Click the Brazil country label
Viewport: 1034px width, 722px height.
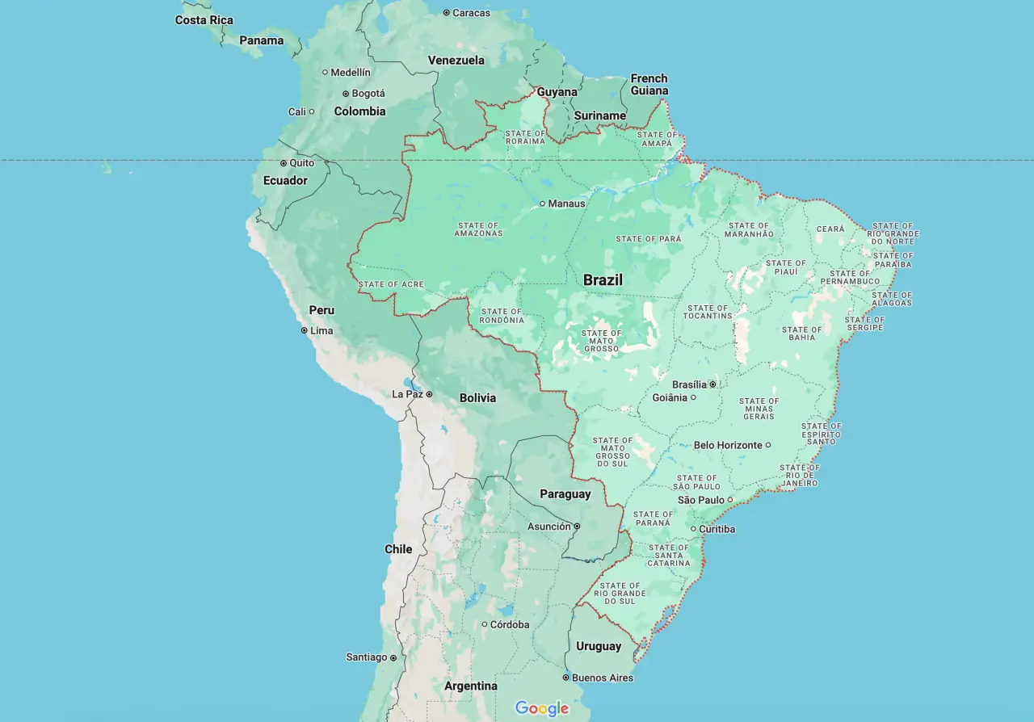point(603,280)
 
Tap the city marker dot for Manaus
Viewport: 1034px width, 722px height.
point(542,204)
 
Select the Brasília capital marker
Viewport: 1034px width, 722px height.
point(712,384)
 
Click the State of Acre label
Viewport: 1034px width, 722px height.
point(390,284)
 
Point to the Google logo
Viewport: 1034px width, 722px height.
point(542,708)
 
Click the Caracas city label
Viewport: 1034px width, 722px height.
point(470,13)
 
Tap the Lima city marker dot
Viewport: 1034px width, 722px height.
point(305,330)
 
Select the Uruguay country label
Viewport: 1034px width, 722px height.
point(599,646)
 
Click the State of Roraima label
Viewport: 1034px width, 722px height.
point(524,137)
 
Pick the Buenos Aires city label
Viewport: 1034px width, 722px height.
point(603,678)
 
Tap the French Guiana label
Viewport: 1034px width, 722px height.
point(649,84)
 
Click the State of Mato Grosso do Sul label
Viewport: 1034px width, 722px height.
point(612,452)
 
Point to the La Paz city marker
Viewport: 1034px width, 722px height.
point(430,394)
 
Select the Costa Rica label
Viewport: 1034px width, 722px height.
point(204,20)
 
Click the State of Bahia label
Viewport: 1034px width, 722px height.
point(802,334)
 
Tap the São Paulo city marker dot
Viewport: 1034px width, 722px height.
point(729,500)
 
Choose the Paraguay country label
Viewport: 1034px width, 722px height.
point(565,493)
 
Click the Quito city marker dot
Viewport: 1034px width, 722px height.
point(284,163)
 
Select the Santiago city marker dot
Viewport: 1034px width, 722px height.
point(393,657)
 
